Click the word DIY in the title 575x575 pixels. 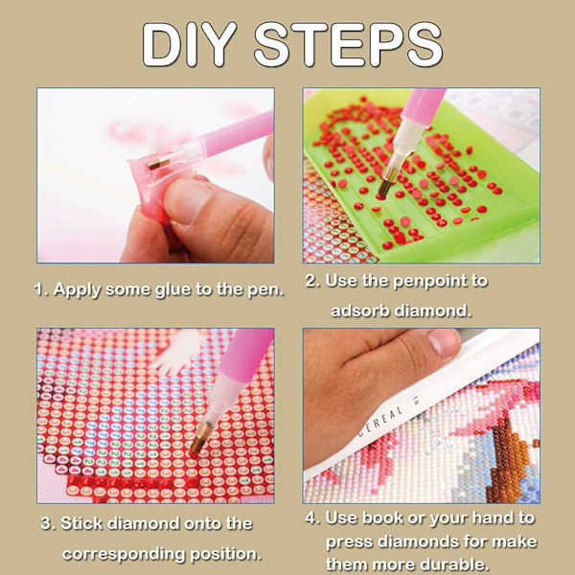[190, 44]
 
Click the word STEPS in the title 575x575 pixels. [349, 44]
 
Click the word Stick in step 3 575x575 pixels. [81, 523]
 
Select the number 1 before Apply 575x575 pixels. [39, 289]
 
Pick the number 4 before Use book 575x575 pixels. [310, 517]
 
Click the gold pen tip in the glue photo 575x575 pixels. [159, 164]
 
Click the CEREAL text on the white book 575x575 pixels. [381, 420]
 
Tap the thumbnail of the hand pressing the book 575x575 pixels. [444, 343]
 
